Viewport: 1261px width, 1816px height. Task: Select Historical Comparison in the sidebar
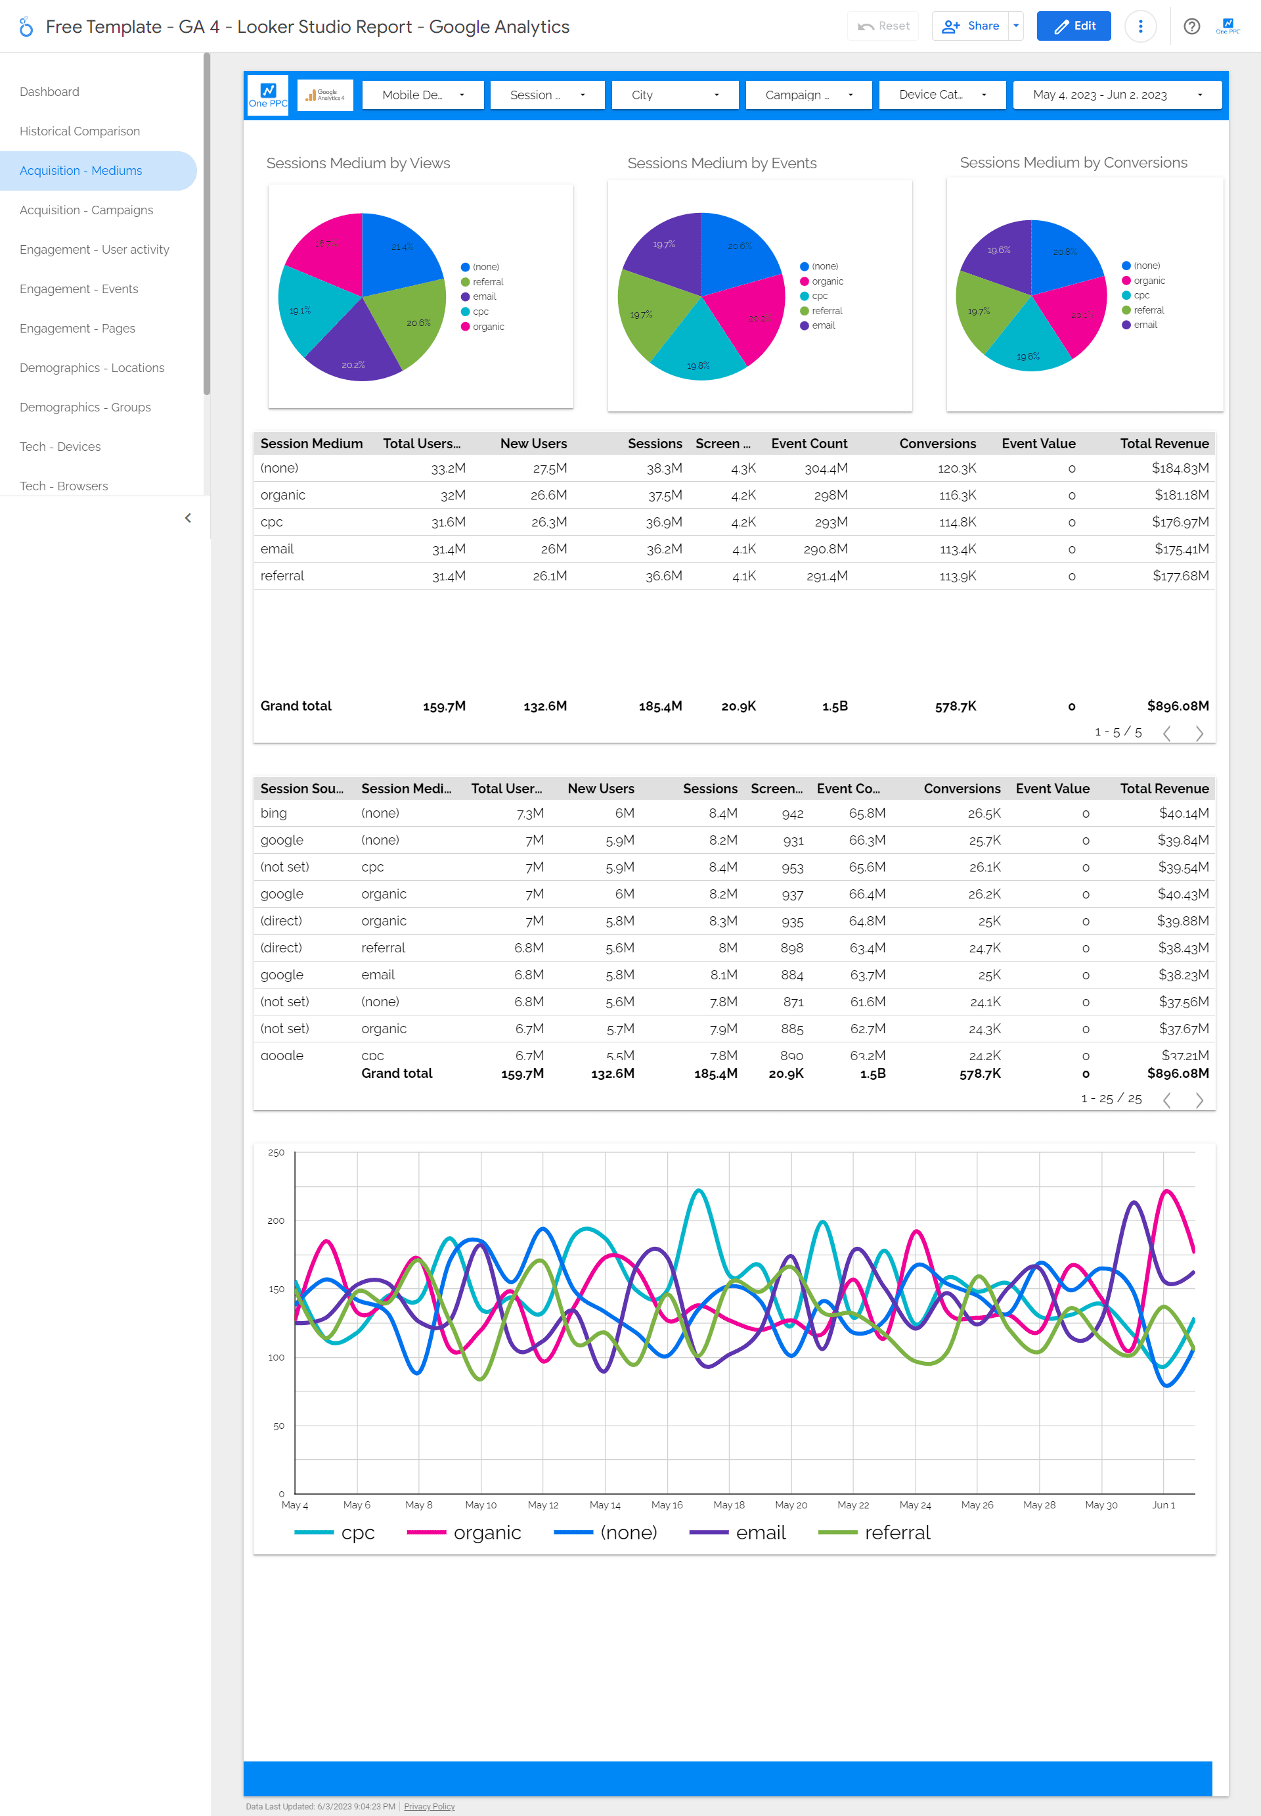[80, 131]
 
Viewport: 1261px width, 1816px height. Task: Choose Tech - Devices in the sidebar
[60, 447]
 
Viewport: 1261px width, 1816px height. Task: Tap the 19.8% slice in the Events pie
[698, 352]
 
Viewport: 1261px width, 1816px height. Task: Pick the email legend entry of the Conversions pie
[1144, 325]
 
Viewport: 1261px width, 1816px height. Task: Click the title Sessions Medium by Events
[721, 163]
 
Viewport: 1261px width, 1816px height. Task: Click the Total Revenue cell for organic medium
[1180, 495]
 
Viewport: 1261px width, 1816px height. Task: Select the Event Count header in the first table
[808, 444]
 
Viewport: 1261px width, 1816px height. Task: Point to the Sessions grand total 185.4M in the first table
[660, 706]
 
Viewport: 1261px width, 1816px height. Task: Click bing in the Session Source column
[273, 813]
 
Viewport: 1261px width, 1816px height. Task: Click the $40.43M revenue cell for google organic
[1182, 893]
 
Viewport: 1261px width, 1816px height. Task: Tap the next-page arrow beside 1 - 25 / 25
[1199, 1100]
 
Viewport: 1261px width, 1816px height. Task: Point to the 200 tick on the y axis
[276, 1221]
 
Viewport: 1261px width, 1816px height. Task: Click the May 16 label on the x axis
[666, 1504]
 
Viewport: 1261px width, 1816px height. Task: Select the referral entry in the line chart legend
[896, 1532]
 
